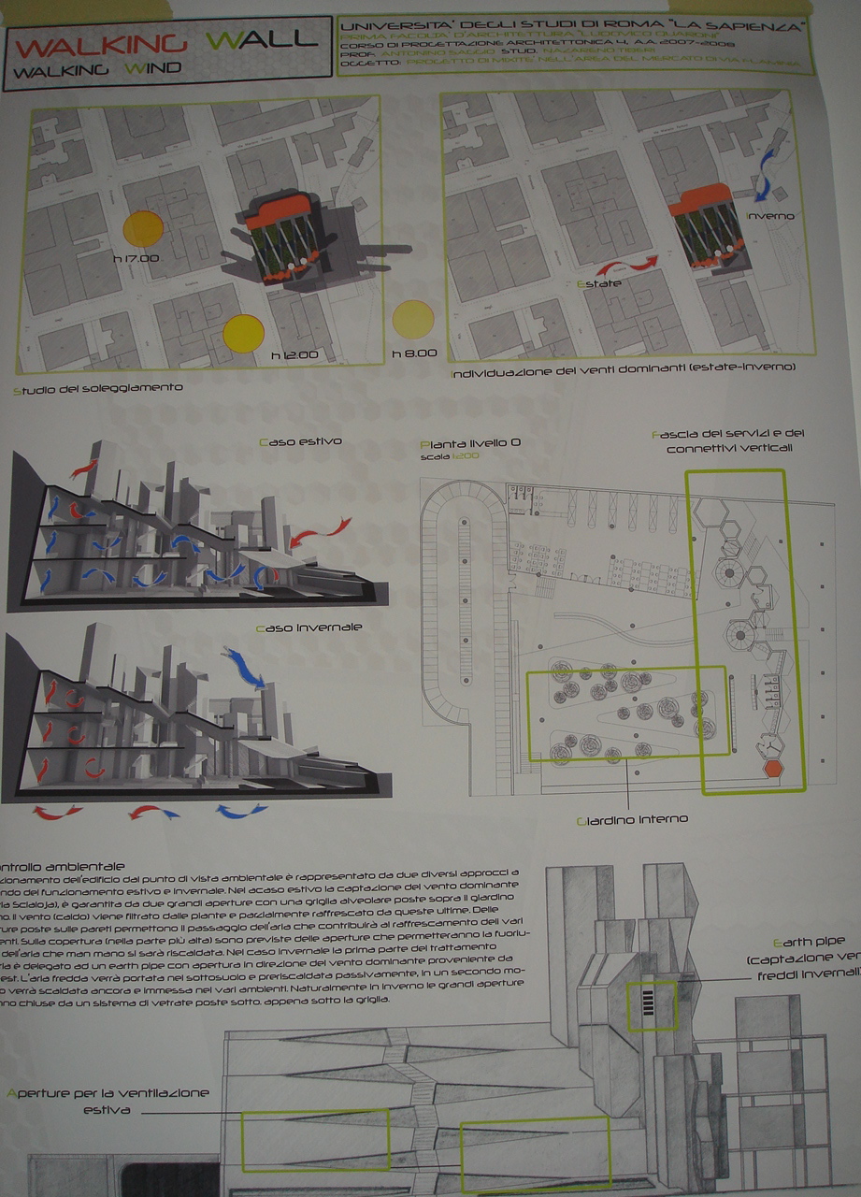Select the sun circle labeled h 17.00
(144, 228)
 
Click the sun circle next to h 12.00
(244, 333)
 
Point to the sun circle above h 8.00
(413, 319)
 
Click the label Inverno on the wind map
(770, 216)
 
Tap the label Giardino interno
(632, 819)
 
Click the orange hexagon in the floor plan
(773, 769)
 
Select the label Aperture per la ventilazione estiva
(108, 1101)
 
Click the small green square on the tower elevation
(653, 1005)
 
